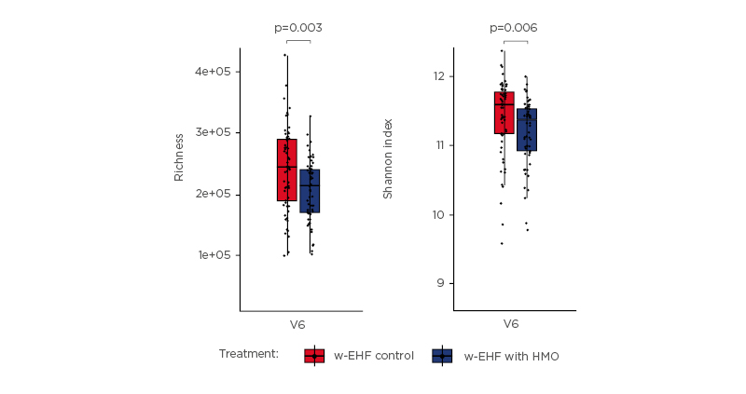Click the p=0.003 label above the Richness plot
pos(298,28)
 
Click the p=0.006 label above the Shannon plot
pos(514,28)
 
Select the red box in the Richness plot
pos(286,170)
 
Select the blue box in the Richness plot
pos(310,191)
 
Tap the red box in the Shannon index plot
pos(504,113)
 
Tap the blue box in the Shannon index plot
pos(527,129)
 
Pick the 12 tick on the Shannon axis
pos(438,76)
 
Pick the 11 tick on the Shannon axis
pos(438,145)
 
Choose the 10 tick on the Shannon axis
pos(438,214)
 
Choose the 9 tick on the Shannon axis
pos(441,283)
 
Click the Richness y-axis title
pos(179,156)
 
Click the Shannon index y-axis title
pos(389,158)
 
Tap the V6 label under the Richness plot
pos(297,325)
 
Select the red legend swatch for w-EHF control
pos(314,356)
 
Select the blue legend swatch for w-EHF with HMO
pos(442,356)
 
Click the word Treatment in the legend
pos(249,354)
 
